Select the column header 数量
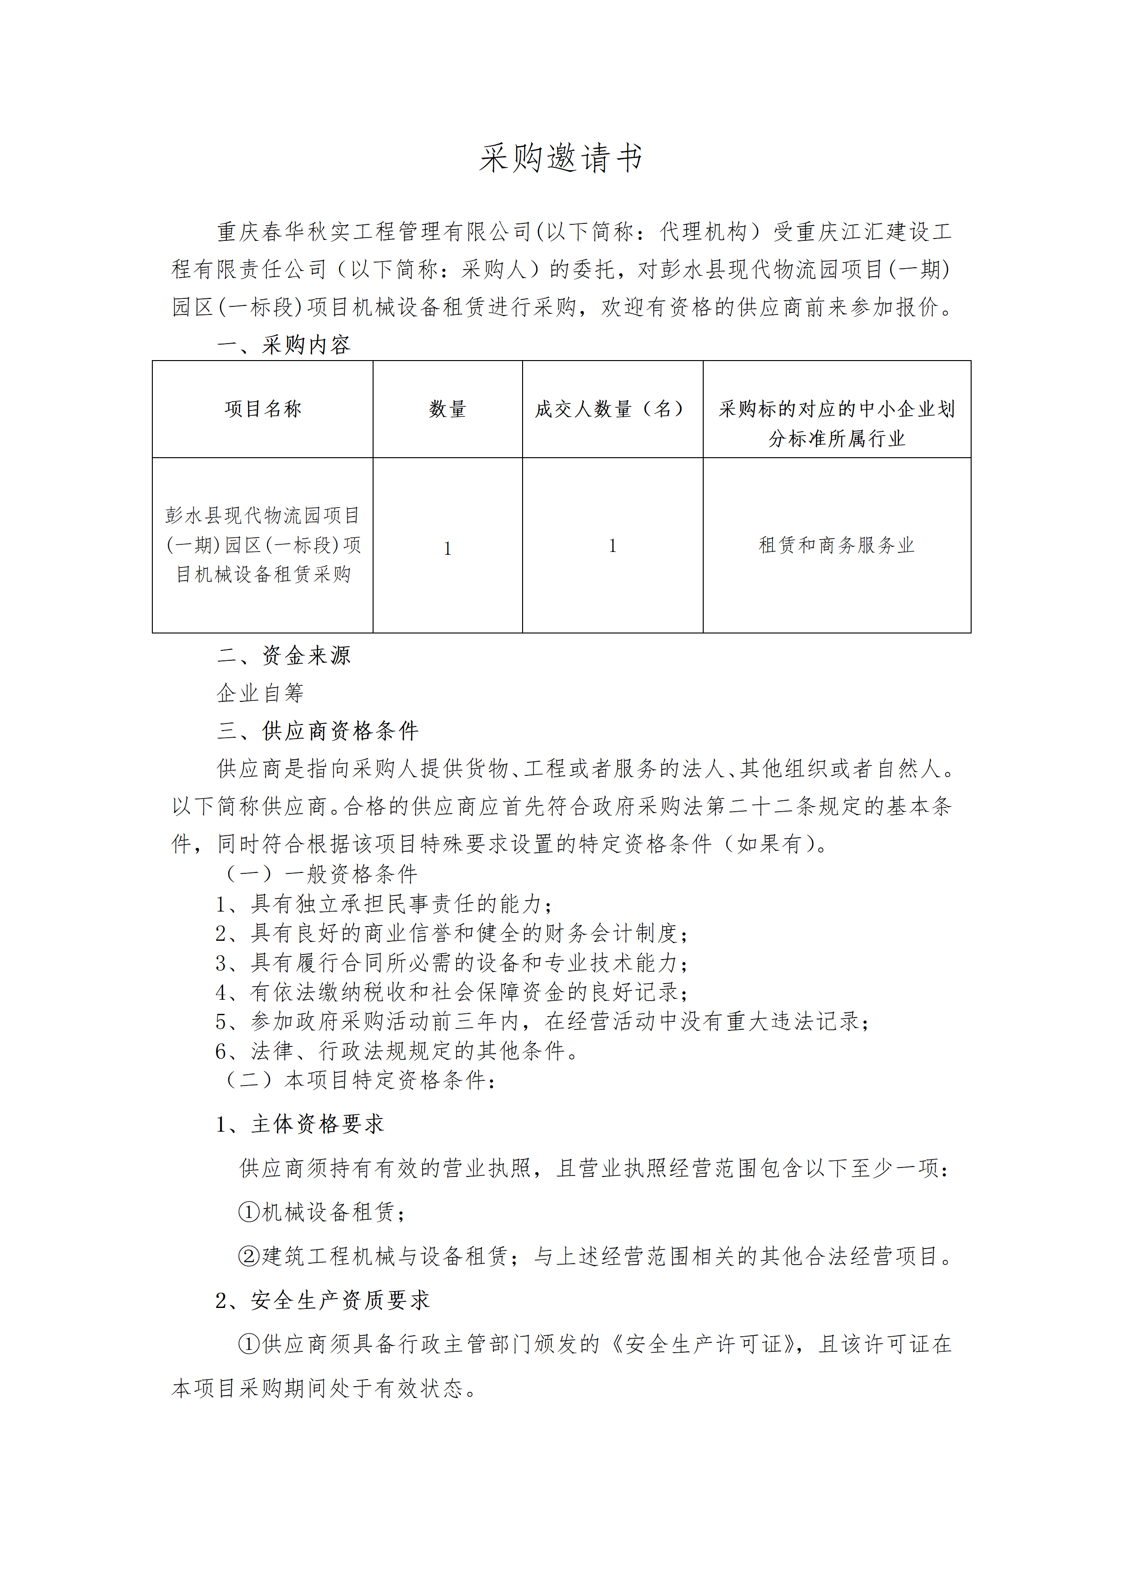(x=448, y=409)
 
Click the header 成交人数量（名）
(x=612, y=409)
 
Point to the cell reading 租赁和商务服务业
(x=836, y=545)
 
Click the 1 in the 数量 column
(x=448, y=549)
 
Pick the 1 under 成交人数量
(x=612, y=547)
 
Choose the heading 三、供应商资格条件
(x=317, y=731)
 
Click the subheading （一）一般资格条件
(x=321, y=874)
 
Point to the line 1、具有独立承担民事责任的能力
(x=384, y=904)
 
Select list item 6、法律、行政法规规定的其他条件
(x=397, y=1051)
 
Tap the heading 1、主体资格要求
(x=299, y=1124)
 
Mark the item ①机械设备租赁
(x=322, y=1212)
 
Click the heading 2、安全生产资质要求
(x=322, y=1300)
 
